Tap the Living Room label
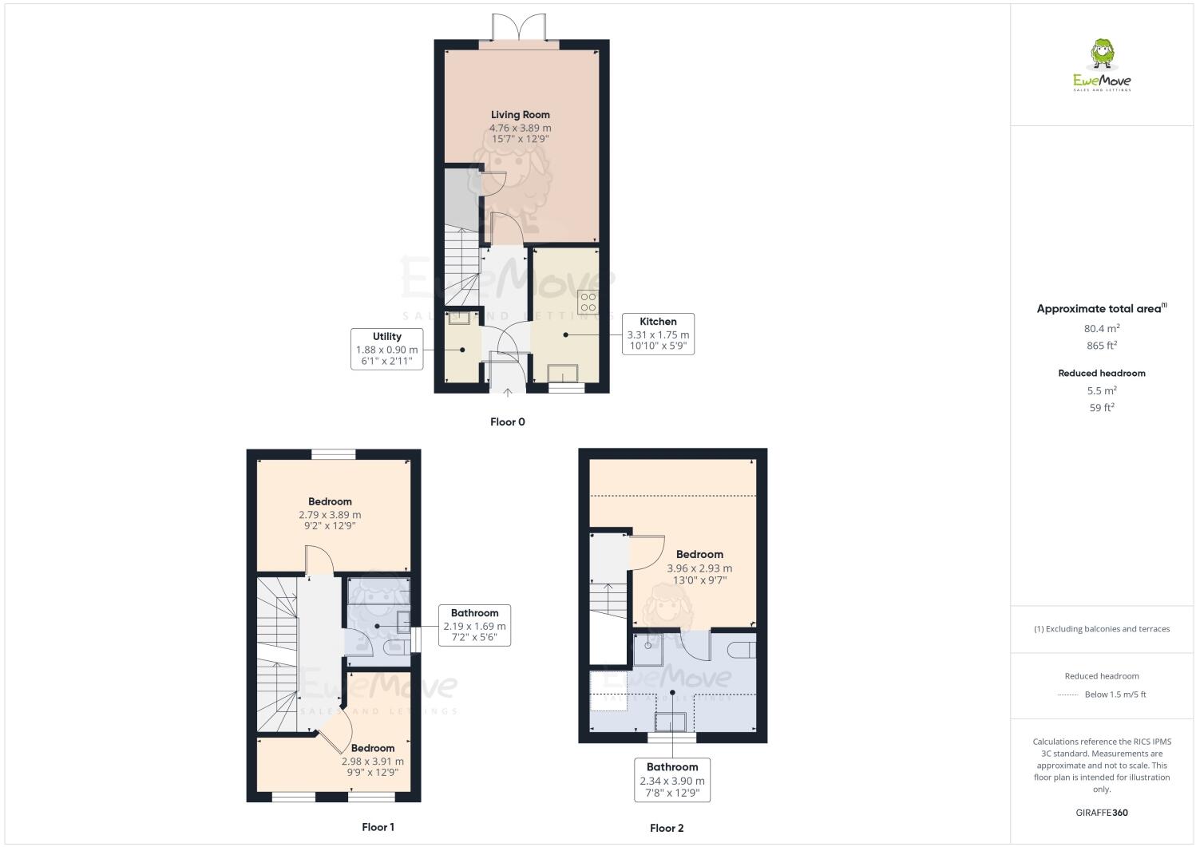(x=520, y=115)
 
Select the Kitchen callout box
(x=658, y=334)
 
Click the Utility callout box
(x=387, y=349)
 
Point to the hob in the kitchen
(x=588, y=302)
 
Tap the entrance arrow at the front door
(x=508, y=391)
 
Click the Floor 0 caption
(x=507, y=422)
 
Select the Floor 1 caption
(x=378, y=827)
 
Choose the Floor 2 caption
(x=667, y=828)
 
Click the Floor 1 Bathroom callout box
(x=474, y=625)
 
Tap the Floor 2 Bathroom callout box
(x=672, y=779)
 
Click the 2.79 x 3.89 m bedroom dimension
(x=330, y=515)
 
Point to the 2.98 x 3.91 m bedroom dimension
(x=373, y=761)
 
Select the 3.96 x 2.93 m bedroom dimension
(x=699, y=568)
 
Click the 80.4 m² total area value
(x=1102, y=327)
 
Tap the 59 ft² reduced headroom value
(x=1102, y=407)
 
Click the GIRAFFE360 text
(x=1102, y=813)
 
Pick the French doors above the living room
(x=520, y=29)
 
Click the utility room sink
(x=459, y=319)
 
